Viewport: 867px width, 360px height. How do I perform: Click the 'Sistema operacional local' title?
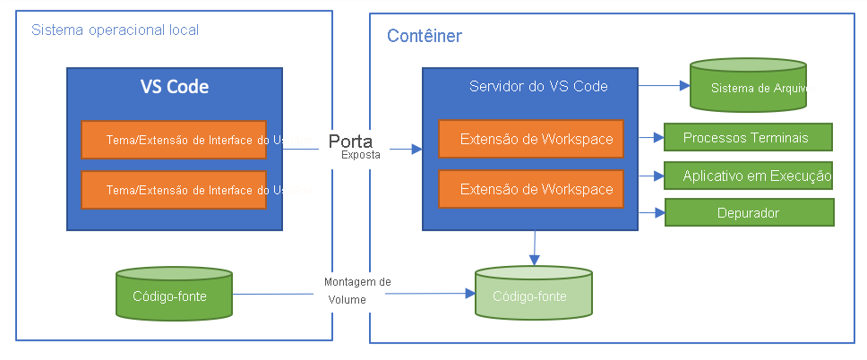point(115,30)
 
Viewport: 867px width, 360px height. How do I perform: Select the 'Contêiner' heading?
point(424,37)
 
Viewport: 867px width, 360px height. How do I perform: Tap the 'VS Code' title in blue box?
point(175,87)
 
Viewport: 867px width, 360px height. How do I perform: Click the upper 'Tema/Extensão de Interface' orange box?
point(174,140)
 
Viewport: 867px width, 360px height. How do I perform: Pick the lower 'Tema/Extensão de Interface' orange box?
point(174,190)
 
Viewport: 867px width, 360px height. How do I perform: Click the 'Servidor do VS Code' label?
point(538,87)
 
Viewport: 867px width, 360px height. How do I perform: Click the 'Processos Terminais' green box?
point(748,138)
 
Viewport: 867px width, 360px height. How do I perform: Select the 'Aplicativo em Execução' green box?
point(748,176)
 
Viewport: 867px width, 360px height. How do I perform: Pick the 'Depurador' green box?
point(748,213)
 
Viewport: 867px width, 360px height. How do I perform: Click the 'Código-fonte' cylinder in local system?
point(175,294)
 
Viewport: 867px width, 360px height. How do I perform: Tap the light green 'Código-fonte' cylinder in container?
point(533,294)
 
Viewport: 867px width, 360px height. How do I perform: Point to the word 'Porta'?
point(350,141)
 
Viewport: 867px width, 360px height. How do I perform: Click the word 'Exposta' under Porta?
point(360,155)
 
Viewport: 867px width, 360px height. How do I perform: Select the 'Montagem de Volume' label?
point(356,290)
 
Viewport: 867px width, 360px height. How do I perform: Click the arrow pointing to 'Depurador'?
point(651,213)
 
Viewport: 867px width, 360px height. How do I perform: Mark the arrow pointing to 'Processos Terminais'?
point(651,138)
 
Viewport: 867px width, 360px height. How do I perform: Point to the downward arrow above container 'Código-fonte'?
point(535,248)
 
